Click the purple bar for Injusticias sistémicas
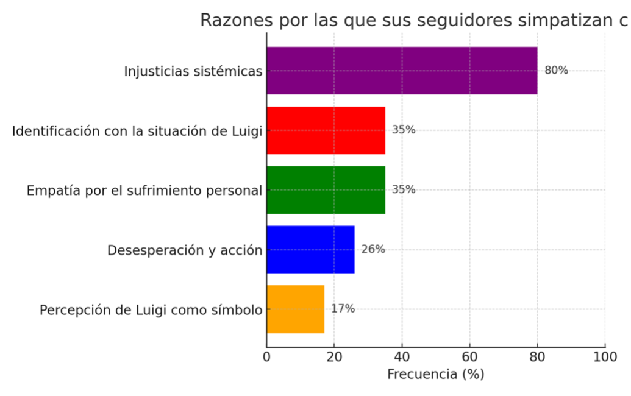[x=402, y=71]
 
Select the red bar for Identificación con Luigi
[x=326, y=130]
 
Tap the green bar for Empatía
[x=326, y=190]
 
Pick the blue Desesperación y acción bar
[x=310, y=250]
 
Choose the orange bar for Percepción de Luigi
[x=295, y=309]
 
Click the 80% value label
[x=556, y=71]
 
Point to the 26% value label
[x=373, y=250]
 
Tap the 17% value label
[x=343, y=309]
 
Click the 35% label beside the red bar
[x=404, y=130]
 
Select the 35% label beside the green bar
[x=404, y=190]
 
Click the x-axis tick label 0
[x=266, y=356]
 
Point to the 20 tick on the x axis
[x=334, y=356]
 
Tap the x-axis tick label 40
[x=402, y=356]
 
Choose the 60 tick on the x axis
[x=469, y=356]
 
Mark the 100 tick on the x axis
[x=604, y=356]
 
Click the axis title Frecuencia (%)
[x=435, y=374]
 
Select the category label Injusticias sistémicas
[x=193, y=71]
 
